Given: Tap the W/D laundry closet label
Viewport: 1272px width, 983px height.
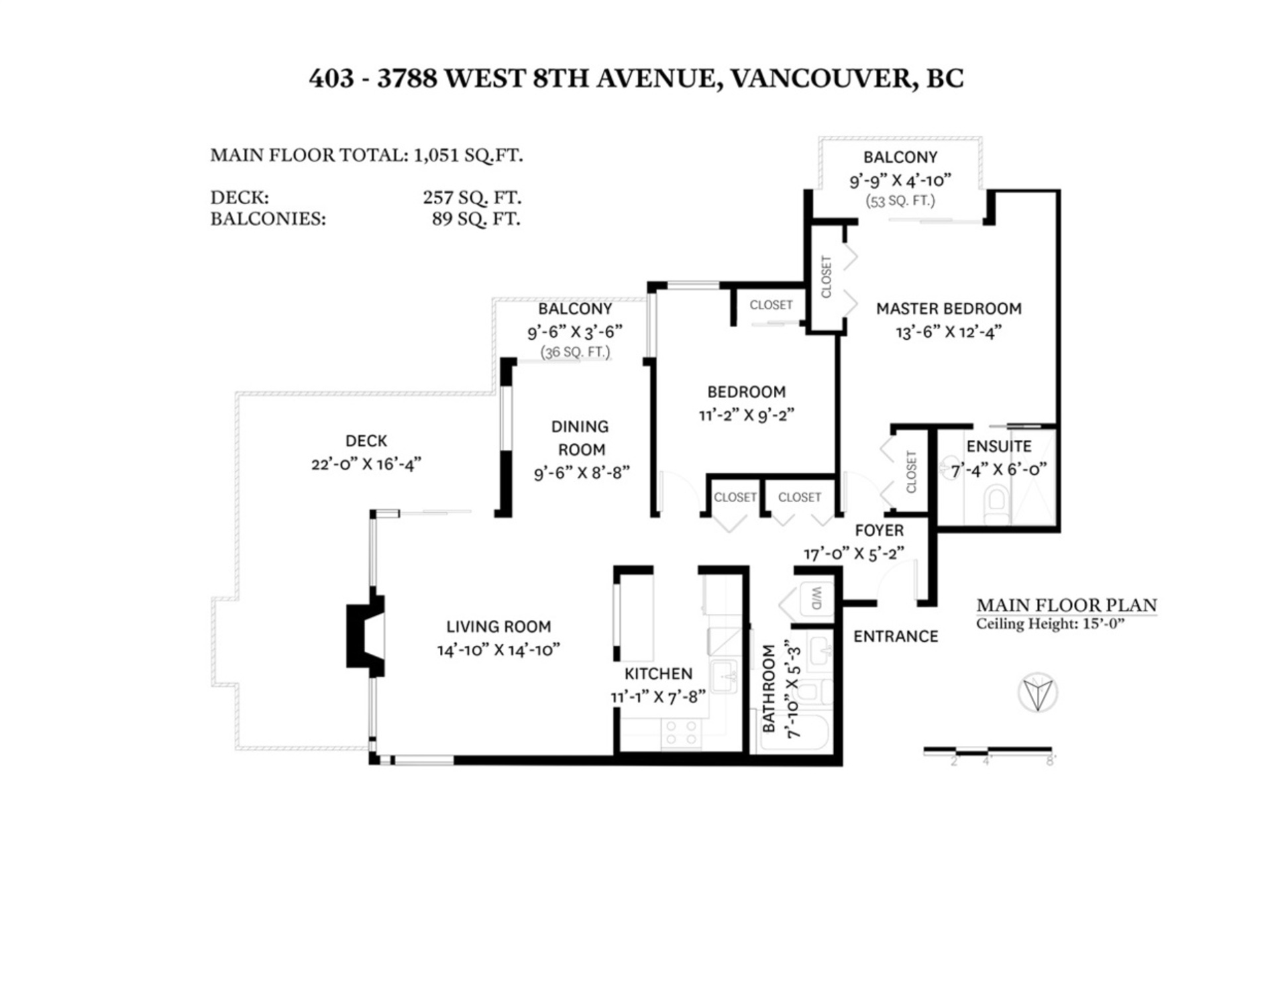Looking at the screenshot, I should (x=816, y=599).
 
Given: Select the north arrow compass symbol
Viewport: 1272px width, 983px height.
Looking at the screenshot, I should (x=1037, y=693).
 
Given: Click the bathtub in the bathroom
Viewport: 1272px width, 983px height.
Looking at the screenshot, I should (x=795, y=731).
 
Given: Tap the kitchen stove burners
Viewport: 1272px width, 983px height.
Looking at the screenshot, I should (x=681, y=732).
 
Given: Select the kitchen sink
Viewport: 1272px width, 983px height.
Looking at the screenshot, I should (x=725, y=677).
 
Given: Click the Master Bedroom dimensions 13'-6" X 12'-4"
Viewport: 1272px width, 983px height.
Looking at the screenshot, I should (x=948, y=333).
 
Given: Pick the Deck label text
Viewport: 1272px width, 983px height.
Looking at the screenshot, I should (x=366, y=441).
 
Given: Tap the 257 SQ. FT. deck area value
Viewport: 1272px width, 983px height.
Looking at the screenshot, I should (x=472, y=197).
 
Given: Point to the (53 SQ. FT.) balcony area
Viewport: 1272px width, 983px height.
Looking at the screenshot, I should (x=900, y=201).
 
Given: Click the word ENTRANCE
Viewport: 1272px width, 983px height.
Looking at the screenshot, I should (x=895, y=637).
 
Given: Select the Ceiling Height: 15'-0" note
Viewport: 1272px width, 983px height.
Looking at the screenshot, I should (x=1050, y=624).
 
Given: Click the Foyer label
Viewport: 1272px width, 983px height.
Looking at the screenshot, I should (x=879, y=531).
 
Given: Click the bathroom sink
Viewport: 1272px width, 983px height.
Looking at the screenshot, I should (x=820, y=646).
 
